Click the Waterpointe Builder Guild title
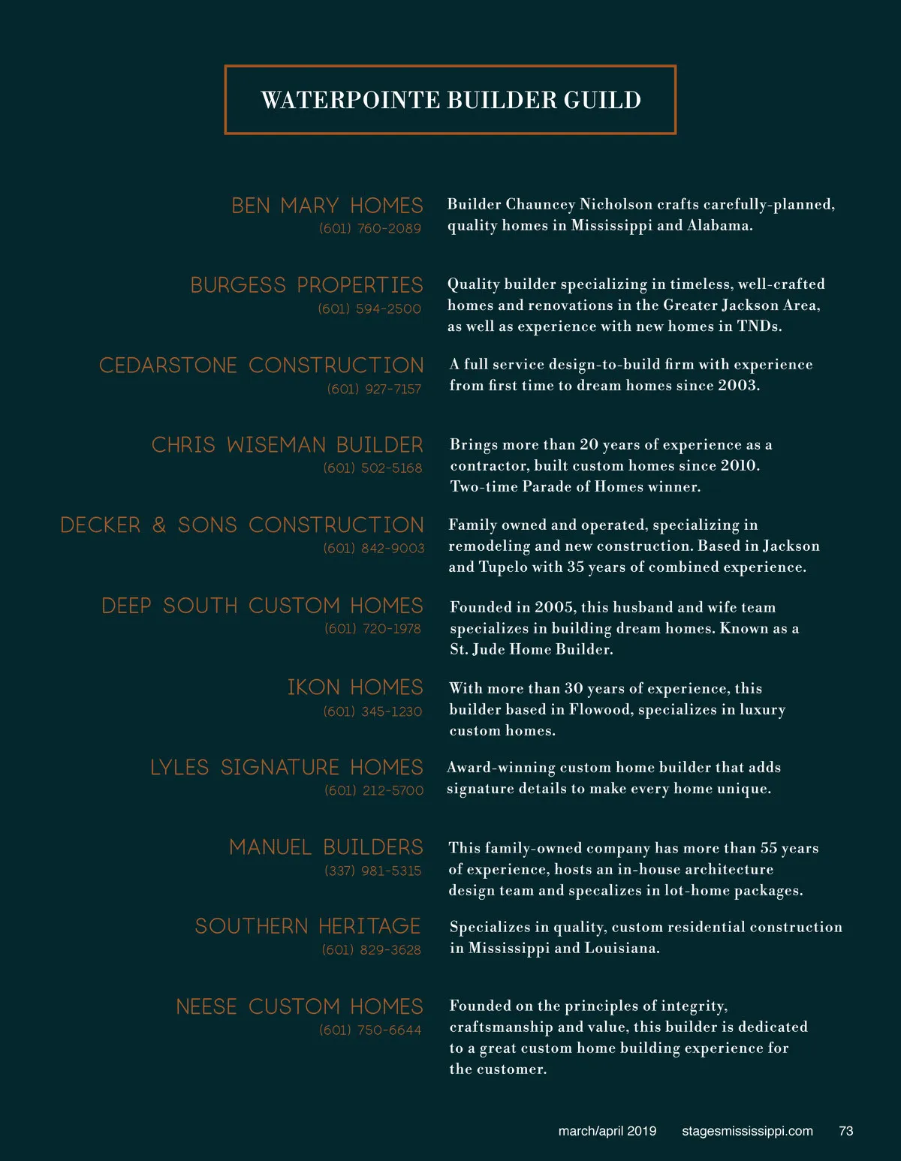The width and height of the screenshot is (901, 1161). coord(450,100)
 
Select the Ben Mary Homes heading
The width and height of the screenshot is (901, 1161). coord(327,206)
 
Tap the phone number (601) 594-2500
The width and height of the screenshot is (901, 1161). coord(369,308)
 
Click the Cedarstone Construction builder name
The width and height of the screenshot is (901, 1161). coord(261,365)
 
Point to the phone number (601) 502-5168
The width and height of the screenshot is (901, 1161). coord(372,468)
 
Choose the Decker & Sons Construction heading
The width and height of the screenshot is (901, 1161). coord(242,525)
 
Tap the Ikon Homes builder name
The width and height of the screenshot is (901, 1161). coord(355,687)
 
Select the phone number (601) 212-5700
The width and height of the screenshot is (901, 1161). coord(374,790)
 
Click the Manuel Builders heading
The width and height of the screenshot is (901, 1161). coord(326,847)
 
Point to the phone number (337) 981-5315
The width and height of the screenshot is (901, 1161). coord(373,871)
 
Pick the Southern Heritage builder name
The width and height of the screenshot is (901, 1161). coord(308,926)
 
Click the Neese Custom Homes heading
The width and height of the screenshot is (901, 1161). coord(300,1006)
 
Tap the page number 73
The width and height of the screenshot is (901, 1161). coord(846,1131)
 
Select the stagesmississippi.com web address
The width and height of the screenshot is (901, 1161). coord(747,1131)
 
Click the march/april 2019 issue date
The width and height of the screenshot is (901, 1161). coord(607,1131)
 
